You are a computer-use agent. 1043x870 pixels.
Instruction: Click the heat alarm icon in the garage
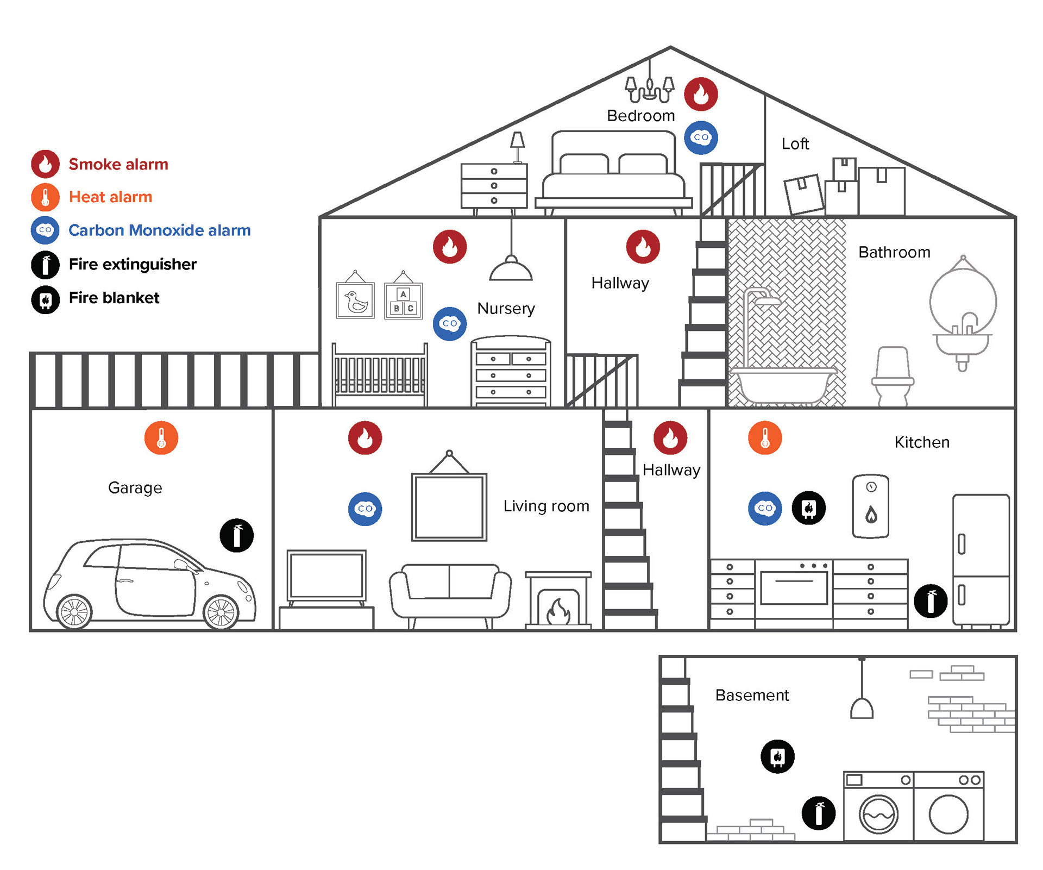coord(161,438)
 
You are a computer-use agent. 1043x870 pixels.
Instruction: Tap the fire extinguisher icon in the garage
coord(236,535)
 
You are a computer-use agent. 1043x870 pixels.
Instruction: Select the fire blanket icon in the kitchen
coord(808,508)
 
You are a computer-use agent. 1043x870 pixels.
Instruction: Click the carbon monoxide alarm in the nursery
coord(449,323)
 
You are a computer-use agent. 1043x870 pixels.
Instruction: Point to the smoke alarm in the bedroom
coord(701,94)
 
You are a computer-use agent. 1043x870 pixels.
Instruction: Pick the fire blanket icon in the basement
coord(777,756)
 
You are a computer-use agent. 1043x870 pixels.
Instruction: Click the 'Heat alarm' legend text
coord(110,197)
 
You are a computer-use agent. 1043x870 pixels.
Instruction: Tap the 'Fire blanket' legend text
coord(114,298)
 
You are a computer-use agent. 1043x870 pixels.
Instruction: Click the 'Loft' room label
coord(795,144)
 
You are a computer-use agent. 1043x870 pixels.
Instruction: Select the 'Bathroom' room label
coord(894,252)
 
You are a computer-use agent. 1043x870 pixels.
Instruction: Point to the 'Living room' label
coord(546,506)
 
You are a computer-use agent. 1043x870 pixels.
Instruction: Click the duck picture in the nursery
coord(355,300)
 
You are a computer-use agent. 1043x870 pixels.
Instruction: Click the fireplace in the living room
coord(558,600)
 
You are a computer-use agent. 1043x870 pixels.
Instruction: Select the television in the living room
coord(326,575)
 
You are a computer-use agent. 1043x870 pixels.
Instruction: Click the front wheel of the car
coord(221,612)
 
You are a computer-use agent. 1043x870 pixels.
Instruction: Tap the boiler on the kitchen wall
coord(871,506)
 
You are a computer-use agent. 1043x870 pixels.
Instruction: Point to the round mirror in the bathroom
coord(963,301)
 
